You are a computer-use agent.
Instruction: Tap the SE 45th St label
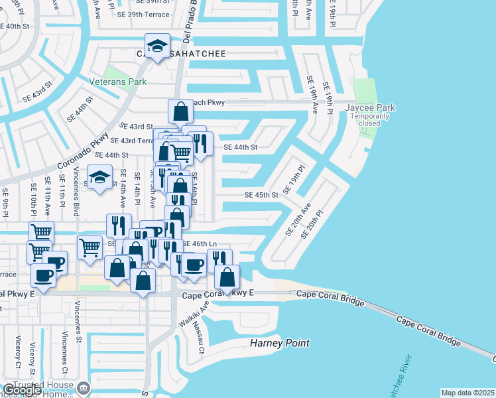261,195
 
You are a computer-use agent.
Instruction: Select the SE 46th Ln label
200,244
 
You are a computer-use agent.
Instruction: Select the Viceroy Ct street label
17,352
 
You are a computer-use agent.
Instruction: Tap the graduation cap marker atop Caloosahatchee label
156,46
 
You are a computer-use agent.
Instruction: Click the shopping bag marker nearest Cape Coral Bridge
227,277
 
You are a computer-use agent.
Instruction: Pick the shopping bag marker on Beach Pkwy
180,111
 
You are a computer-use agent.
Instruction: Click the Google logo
21,391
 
